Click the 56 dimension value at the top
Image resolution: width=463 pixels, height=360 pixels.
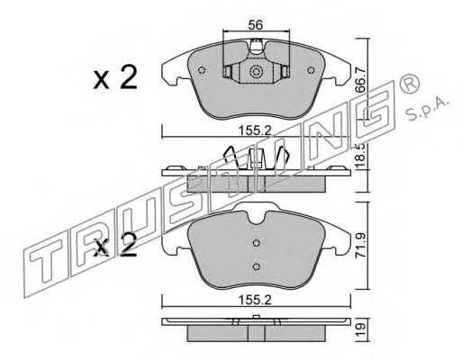tap(256, 25)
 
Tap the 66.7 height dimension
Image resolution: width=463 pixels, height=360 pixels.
tap(361, 80)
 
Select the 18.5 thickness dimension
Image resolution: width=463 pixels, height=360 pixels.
tap(361, 156)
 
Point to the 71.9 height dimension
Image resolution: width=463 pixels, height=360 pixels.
tap(361, 246)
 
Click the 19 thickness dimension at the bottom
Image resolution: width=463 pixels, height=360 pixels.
tap(361, 329)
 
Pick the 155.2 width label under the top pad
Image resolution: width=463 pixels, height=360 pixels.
tap(255, 130)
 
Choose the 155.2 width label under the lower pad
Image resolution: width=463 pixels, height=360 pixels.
tap(255, 300)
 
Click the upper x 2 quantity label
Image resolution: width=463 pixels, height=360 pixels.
tap(115, 77)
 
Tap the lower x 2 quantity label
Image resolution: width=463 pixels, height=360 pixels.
tap(115, 246)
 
